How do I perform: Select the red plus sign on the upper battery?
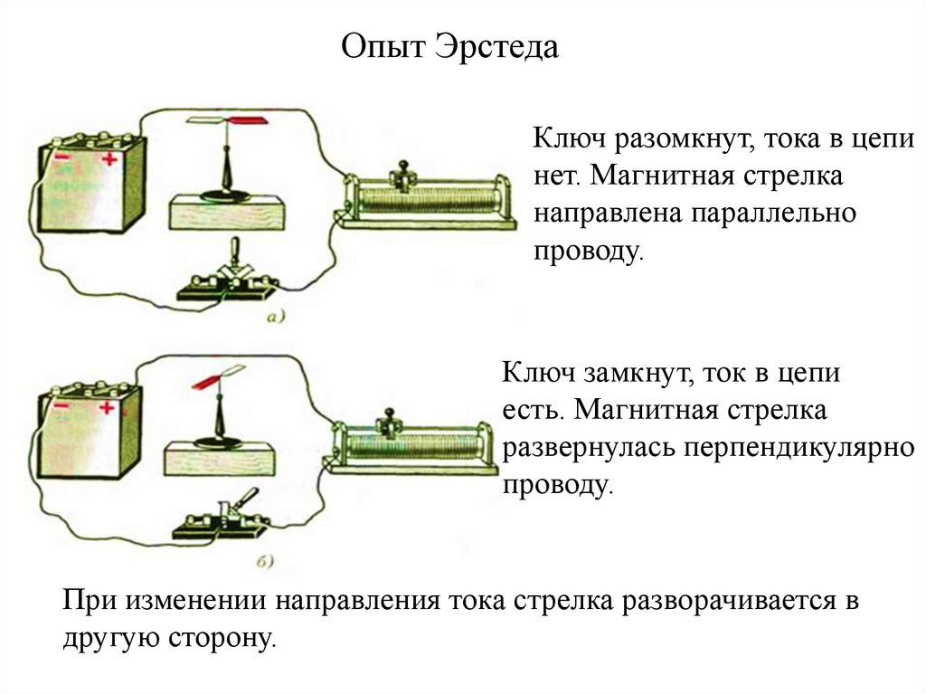[109, 160]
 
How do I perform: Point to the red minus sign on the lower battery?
[61, 408]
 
